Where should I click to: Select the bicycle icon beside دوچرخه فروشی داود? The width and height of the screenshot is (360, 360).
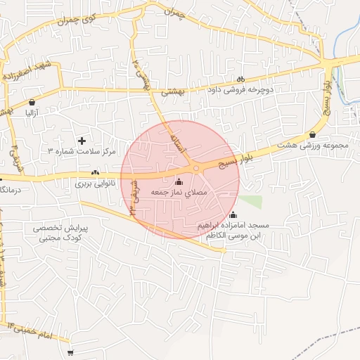tap(240, 79)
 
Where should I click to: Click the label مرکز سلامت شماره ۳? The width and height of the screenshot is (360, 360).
tap(81, 152)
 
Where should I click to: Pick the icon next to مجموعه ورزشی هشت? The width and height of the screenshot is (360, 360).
tap(312, 135)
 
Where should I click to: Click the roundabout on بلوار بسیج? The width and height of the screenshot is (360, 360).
tap(196, 168)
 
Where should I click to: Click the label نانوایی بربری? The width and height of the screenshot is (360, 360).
tap(94, 183)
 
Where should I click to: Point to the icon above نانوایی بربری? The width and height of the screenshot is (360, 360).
tap(95, 172)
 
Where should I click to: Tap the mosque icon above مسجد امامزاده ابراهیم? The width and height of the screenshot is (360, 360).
tap(233, 215)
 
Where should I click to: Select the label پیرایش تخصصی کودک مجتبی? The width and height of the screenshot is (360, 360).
tap(61, 233)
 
